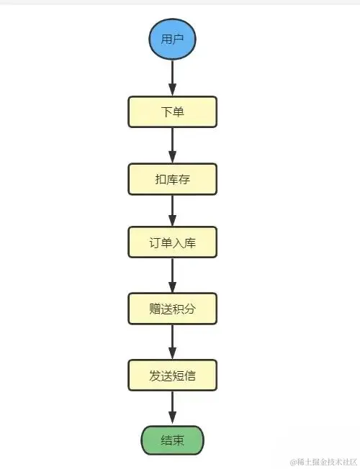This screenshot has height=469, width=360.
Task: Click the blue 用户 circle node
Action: [172, 39]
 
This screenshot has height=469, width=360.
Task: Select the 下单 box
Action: [172, 112]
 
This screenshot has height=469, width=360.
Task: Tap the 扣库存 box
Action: [172, 178]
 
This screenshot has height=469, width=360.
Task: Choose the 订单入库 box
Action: [172, 242]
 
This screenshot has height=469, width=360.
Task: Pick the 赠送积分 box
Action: [172, 309]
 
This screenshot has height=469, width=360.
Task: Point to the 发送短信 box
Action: [172, 375]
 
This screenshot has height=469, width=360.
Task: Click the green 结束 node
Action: [172, 440]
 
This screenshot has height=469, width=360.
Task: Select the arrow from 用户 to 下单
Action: [172, 78]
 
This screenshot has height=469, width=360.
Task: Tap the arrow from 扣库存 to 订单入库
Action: [172, 211]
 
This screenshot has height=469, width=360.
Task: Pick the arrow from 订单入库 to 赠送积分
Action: [172, 276]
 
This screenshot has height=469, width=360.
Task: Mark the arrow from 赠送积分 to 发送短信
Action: [172, 342]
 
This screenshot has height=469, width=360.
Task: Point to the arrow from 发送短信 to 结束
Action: [172, 408]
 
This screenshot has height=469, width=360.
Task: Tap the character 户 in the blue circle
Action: [178, 39]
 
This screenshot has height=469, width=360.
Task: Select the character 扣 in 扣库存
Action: [161, 178]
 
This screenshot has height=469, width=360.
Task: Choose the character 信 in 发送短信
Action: [189, 375]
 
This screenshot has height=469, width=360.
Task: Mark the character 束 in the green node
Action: [178, 440]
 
